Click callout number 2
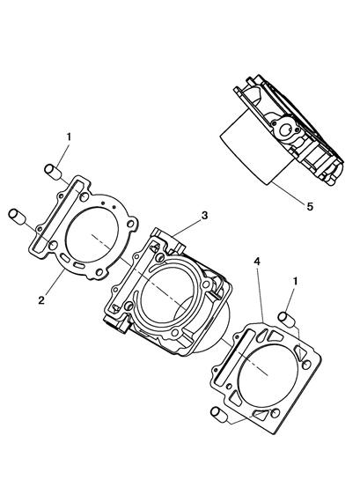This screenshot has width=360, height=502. pyautogui.click(x=41, y=300)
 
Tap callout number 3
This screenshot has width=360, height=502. pyautogui.click(x=204, y=216)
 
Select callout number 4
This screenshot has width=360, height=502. pyautogui.click(x=257, y=262)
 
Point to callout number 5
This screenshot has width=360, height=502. pyautogui.click(x=310, y=206)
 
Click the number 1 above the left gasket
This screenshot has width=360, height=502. pyautogui.click(x=69, y=137)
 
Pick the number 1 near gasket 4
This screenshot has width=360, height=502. pyautogui.click(x=295, y=282)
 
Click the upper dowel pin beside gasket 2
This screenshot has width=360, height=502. pyautogui.click(x=53, y=172)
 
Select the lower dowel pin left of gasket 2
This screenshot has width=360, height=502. pyautogui.click(x=18, y=217)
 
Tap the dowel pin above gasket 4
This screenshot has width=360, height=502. pyautogui.click(x=286, y=319)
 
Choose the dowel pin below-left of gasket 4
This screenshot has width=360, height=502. pyautogui.click(x=219, y=414)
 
